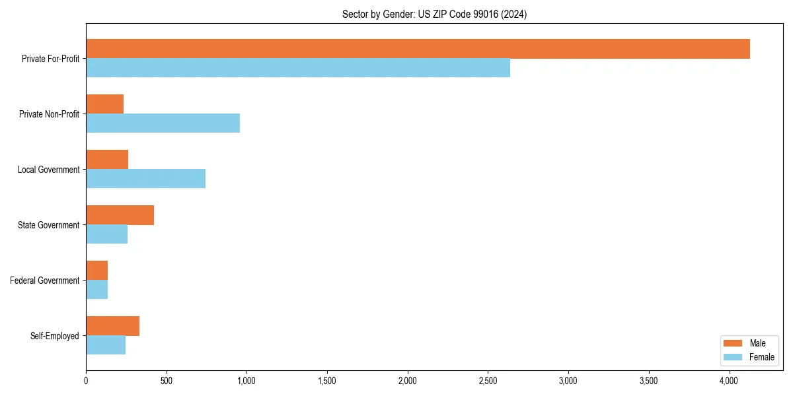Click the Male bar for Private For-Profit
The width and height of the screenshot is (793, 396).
point(418,49)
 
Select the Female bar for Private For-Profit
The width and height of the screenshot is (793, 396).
point(298,68)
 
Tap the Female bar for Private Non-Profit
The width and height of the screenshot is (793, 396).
point(163,123)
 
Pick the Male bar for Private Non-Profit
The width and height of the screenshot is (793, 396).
point(105,104)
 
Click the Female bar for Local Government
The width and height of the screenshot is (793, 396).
point(145,179)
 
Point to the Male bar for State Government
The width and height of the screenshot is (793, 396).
point(120,215)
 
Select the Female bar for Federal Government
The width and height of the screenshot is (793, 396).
point(97,290)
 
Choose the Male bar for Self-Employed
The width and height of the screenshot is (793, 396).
point(112,326)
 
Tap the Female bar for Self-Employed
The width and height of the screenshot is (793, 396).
point(106,345)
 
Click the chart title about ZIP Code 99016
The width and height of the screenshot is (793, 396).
point(434,14)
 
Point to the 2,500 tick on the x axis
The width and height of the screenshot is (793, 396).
point(488,381)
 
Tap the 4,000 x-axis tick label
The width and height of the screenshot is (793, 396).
point(729,381)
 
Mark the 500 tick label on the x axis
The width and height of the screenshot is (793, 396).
point(166,381)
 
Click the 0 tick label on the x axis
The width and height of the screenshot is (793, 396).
point(86,381)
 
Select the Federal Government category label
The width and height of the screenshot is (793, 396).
point(45,280)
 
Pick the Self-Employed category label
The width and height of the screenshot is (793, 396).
point(55,336)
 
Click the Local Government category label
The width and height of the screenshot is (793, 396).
point(49,170)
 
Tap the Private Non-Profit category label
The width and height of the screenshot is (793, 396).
point(50,114)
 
